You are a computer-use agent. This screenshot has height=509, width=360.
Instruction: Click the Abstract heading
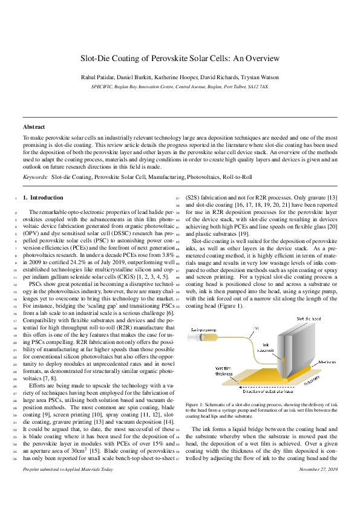click(34, 127)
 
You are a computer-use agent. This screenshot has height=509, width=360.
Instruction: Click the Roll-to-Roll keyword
click(236, 177)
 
